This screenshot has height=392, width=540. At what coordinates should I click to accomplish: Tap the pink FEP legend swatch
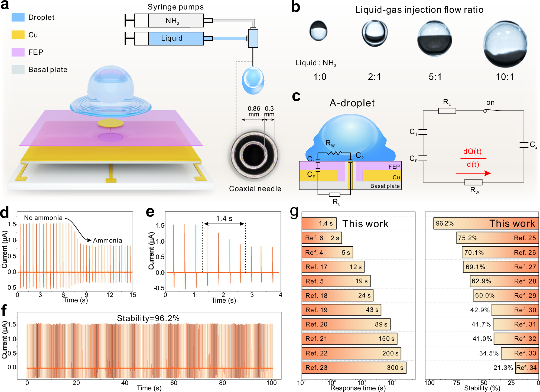tap(18, 52)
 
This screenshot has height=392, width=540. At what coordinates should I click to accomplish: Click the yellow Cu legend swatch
tap(18, 35)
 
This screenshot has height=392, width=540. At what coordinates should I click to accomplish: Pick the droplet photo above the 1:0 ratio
tap(318, 31)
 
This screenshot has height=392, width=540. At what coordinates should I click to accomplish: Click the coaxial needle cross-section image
tap(254, 155)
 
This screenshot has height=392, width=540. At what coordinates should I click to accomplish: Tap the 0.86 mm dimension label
tap(254, 111)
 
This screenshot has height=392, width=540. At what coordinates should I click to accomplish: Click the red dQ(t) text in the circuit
tap(472, 151)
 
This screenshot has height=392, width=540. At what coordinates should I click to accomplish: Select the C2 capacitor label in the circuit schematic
tap(533, 145)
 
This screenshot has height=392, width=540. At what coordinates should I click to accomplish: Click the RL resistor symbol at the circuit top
tap(447, 111)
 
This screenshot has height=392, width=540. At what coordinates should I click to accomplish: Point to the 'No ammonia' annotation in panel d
tap(43, 218)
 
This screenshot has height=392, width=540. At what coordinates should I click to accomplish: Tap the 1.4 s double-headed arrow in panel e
tap(224, 224)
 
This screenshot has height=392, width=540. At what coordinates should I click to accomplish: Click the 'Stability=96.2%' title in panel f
tap(148, 318)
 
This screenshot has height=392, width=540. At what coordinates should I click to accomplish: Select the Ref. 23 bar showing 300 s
tap(354, 368)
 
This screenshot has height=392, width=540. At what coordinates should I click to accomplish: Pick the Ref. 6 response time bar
tap(322, 238)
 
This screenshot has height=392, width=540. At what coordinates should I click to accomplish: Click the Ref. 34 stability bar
tap(527, 368)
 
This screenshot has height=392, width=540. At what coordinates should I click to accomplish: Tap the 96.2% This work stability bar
tap(486, 224)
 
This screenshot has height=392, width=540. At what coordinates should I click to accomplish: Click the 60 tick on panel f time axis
tap(174, 383)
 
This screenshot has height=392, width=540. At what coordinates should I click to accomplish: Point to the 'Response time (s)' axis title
tap(358, 388)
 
